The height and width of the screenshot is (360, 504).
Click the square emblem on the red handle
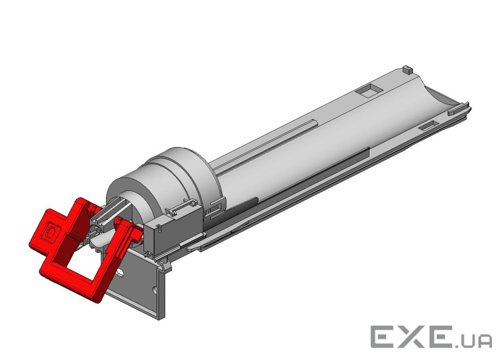51,231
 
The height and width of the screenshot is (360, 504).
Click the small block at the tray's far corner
407,70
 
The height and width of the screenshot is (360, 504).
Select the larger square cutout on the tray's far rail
368,90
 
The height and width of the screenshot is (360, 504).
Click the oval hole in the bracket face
120,274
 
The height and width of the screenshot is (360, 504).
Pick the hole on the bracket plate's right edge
155,289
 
